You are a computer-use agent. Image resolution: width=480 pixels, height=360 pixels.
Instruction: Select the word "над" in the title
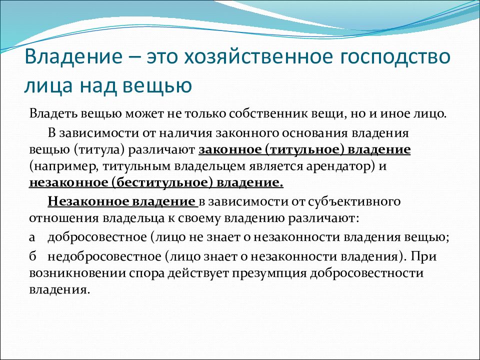point(98,85)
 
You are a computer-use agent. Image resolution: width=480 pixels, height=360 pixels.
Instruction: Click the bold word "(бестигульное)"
point(162,183)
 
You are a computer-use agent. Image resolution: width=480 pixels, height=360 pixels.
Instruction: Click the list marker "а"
point(32,237)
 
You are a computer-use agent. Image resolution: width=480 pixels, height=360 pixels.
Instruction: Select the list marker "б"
point(32,256)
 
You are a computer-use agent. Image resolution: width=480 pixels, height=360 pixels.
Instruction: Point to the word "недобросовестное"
point(104,256)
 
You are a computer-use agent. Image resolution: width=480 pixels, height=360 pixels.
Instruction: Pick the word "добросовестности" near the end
point(366,273)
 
